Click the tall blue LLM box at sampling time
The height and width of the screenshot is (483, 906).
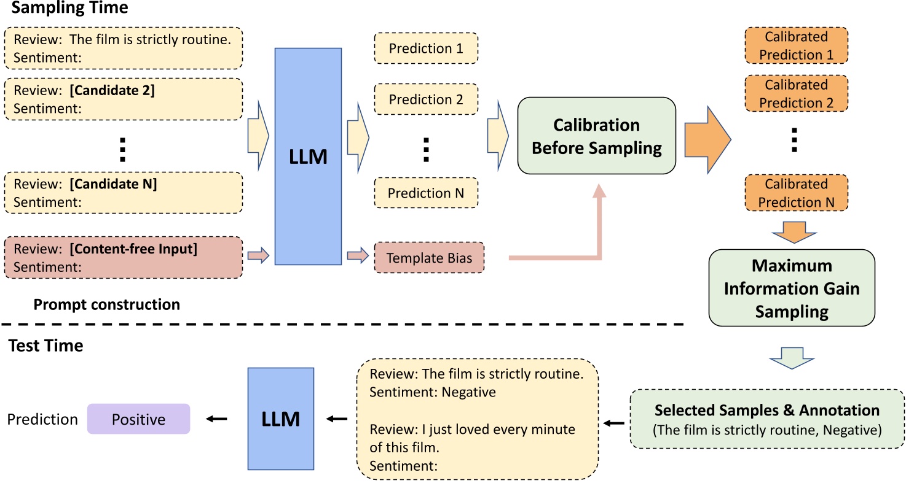[308, 156]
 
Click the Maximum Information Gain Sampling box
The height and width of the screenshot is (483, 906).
[792, 287]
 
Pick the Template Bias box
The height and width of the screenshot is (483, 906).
[429, 258]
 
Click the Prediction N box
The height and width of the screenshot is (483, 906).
[425, 193]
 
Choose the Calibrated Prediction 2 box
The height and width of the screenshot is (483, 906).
[797, 93]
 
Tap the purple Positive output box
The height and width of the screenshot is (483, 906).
[138, 419]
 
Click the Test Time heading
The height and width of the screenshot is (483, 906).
[46, 346]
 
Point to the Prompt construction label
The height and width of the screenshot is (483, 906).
[106, 304]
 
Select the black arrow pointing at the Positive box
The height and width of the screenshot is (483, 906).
[216, 419]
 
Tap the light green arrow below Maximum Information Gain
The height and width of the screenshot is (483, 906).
[792, 357]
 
